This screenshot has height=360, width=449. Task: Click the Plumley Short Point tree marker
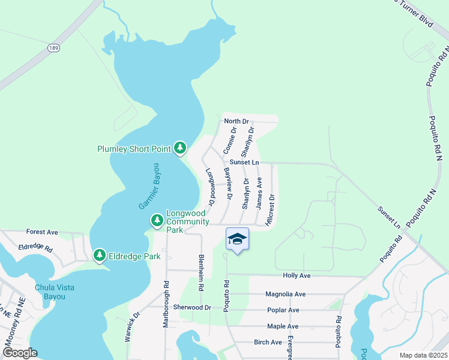(179, 148)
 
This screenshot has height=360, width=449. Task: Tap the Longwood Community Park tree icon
(157, 221)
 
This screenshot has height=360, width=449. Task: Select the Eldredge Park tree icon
(99, 256)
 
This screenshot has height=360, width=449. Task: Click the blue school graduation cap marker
(237, 239)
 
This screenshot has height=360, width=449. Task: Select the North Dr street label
(236, 121)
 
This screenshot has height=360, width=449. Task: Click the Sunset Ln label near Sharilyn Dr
(244, 163)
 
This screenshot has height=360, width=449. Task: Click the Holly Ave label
(297, 275)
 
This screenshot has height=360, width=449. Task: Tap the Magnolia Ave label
(286, 294)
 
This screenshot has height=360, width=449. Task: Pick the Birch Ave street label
(268, 342)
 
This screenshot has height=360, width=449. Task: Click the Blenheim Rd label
(201, 273)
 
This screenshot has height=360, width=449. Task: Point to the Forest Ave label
(42, 232)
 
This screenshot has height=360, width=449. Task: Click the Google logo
(19, 353)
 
